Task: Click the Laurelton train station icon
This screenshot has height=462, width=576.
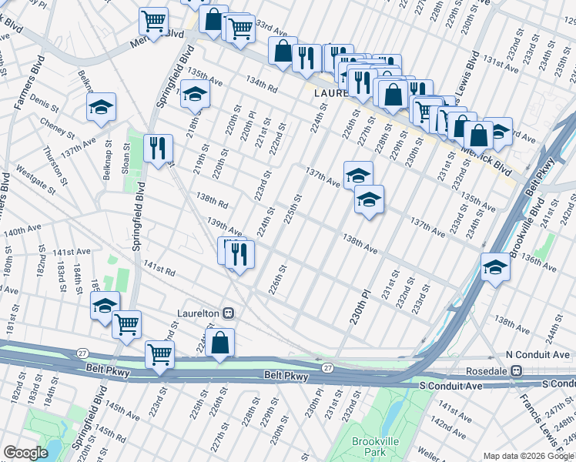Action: [x=228, y=313]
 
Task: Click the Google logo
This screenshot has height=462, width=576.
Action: [x=25, y=453]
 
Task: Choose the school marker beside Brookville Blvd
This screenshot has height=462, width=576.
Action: [x=494, y=266]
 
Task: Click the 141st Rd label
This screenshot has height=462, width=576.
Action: [x=159, y=268]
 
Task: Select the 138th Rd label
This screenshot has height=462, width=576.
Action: [x=212, y=202]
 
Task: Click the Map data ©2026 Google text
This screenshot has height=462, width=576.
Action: [x=527, y=455]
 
